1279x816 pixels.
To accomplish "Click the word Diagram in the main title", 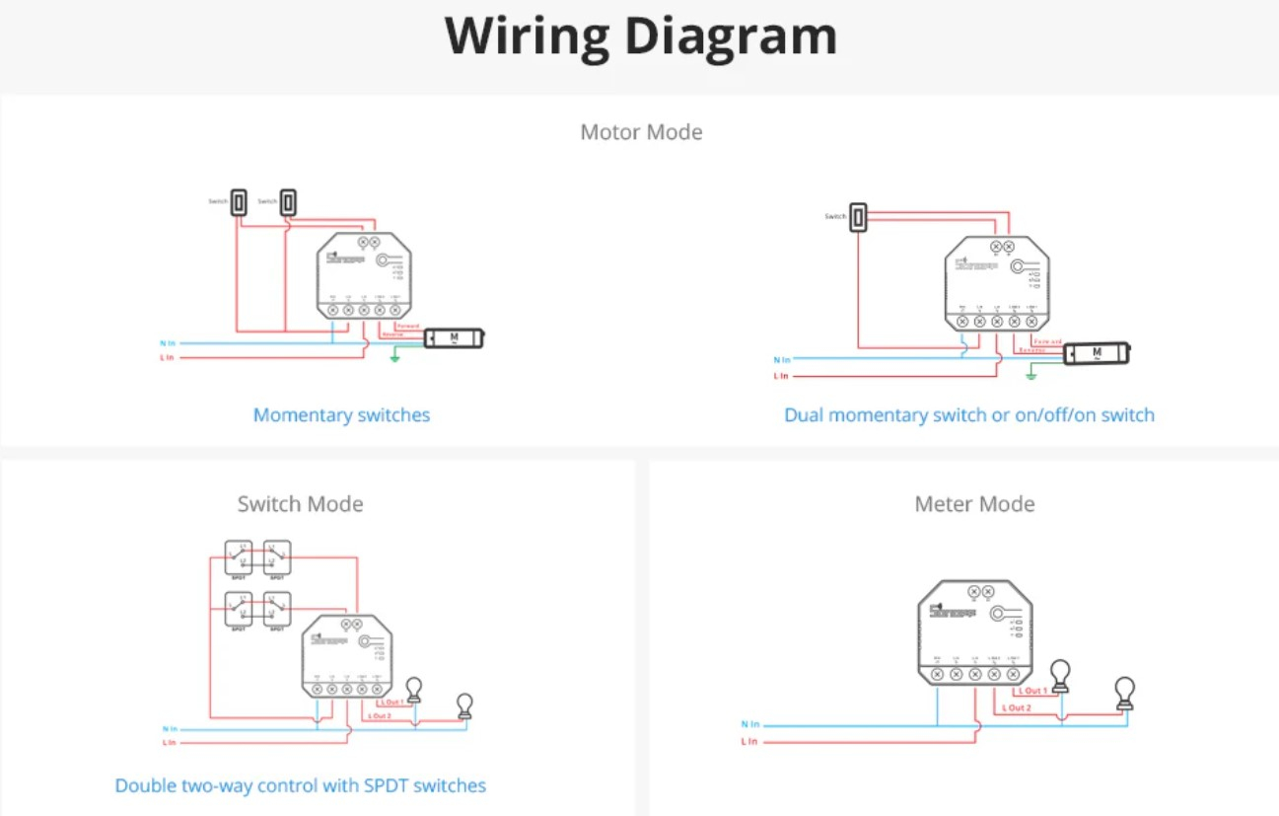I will [x=731, y=37].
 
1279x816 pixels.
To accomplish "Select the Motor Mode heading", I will [x=641, y=132].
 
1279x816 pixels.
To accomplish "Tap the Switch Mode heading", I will [x=300, y=504].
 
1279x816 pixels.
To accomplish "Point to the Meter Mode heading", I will [x=974, y=504].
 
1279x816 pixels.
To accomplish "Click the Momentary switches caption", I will [x=341, y=415].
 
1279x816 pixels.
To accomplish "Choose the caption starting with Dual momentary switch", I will [x=968, y=415].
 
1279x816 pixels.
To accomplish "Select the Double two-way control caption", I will [x=300, y=786].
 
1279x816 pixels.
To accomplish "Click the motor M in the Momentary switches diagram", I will [x=454, y=338].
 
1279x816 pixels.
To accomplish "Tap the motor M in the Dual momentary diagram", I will [x=1096, y=353].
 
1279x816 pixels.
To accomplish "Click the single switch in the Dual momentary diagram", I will [x=859, y=217].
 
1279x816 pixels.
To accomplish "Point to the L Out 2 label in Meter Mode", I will [x=1016, y=707].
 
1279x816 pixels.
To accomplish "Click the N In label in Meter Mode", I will [x=750, y=724].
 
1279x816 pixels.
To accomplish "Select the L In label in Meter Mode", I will [x=750, y=741].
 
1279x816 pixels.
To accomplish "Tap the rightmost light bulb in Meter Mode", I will [x=1124, y=692].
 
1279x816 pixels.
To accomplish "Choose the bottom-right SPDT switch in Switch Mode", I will [x=277, y=609].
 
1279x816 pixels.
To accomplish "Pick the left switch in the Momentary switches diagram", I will [x=238, y=202].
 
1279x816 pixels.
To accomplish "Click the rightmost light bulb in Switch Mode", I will [x=464, y=705].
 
